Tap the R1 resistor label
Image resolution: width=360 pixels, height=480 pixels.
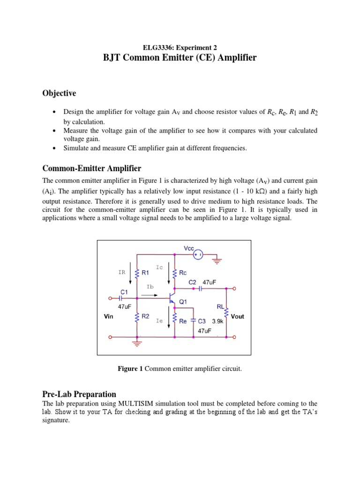[x=145, y=272]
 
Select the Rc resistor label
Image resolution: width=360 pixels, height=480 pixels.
[x=183, y=272]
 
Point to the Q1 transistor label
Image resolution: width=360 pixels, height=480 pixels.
[x=183, y=302]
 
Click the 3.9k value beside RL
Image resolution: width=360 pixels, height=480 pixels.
[x=218, y=322]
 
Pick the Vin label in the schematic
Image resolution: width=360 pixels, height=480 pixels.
[x=109, y=316]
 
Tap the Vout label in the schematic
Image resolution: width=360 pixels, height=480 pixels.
[x=238, y=316]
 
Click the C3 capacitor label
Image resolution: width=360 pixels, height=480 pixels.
[x=202, y=322]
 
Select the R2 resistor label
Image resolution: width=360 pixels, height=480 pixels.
[x=145, y=316]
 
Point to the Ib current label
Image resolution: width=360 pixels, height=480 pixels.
[x=150, y=286]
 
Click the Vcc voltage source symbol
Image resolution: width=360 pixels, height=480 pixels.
[x=198, y=255]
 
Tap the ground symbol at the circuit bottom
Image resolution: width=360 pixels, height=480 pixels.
[x=137, y=344]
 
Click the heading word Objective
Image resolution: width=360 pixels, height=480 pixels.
[x=59, y=93]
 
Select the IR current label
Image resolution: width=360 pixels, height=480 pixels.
[x=121, y=272]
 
